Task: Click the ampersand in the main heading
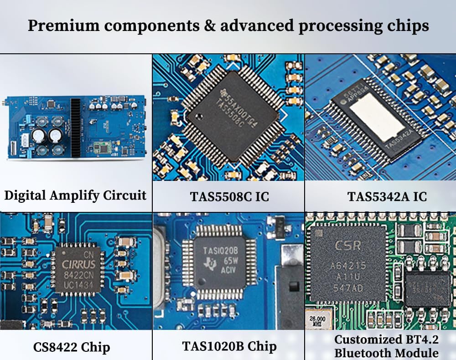point(208,26)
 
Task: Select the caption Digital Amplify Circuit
point(75,195)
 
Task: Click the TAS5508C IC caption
point(229,197)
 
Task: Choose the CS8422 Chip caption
point(72,347)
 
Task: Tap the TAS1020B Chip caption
point(229,346)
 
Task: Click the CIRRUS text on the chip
point(79,265)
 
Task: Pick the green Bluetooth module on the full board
point(104,147)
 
